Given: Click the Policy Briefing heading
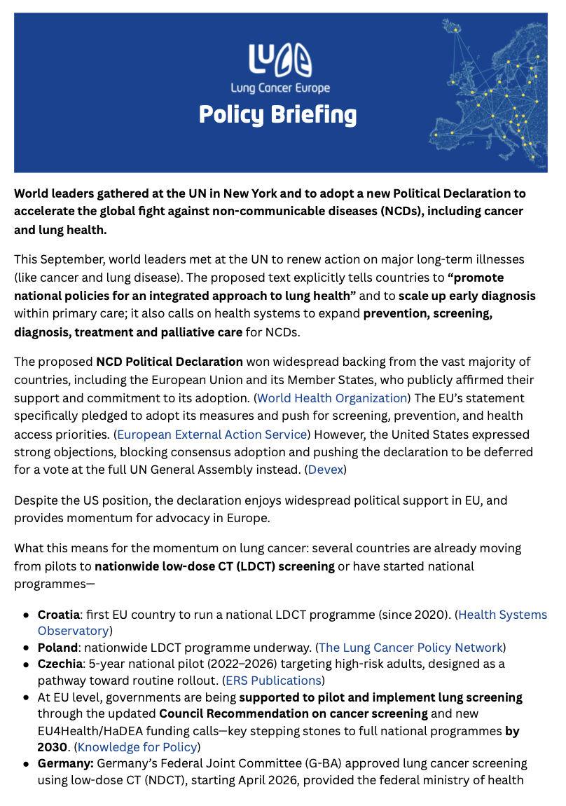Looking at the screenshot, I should tap(277, 114).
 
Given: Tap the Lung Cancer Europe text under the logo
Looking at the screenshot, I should tap(280, 88).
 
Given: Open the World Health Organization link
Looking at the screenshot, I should tap(332, 398).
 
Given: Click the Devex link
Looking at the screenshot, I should tap(326, 470).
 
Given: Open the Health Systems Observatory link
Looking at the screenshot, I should tap(502, 615).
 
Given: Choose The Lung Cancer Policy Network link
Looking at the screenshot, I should tap(410, 647).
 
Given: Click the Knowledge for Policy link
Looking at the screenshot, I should tap(138, 747).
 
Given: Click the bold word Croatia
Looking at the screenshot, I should tap(58, 615).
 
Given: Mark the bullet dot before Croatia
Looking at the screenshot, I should tap(26, 615).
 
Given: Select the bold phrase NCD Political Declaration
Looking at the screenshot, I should tap(170, 362).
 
